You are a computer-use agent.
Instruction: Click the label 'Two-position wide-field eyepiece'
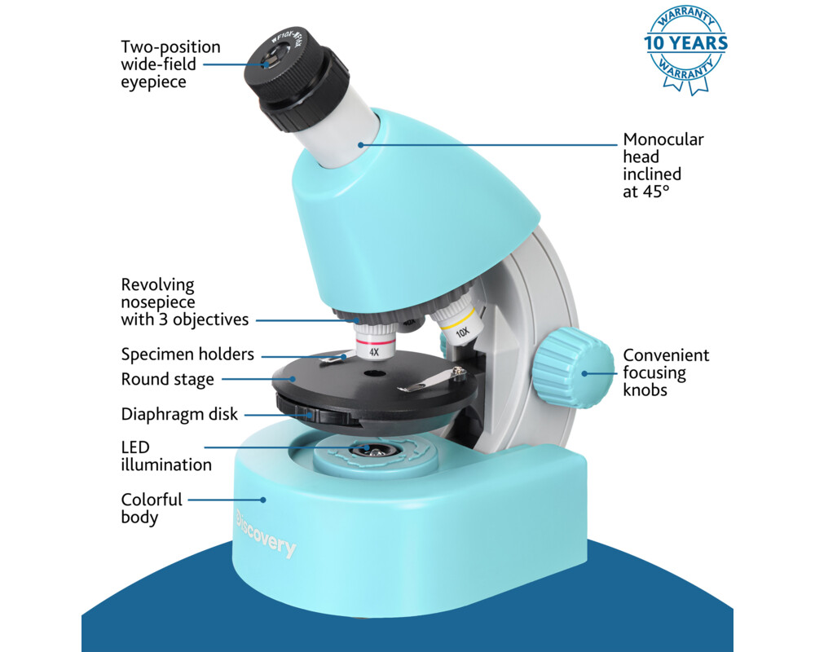(170, 64)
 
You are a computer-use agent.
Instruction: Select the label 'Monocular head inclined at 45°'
(663, 165)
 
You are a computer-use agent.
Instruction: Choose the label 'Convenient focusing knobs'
(666, 372)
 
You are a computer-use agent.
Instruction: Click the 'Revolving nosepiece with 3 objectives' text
(184, 302)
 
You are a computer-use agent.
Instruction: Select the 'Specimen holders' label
(187, 355)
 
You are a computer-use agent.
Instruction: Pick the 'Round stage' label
(167, 379)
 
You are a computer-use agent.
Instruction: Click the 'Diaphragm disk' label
(179, 414)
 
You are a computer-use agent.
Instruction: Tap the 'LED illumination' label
(166, 456)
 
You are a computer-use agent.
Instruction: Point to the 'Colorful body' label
(152, 508)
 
